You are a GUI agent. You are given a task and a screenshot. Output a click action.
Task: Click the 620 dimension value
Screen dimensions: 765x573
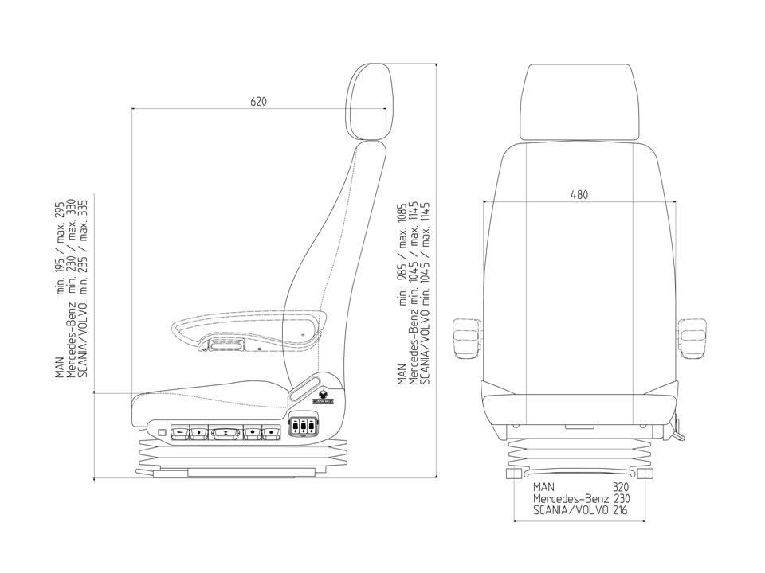point(258,101)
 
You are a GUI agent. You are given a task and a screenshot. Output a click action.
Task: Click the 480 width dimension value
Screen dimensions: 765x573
point(579,194)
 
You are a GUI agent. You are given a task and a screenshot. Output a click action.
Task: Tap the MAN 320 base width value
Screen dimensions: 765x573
point(621,487)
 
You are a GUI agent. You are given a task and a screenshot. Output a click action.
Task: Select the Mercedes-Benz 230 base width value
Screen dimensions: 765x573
point(621,498)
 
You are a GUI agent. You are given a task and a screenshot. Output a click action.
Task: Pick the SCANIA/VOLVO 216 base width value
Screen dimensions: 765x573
point(620,510)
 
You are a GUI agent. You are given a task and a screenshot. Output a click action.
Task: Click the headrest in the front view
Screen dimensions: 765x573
point(579,103)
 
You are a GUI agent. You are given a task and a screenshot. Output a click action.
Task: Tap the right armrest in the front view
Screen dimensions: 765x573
point(692,338)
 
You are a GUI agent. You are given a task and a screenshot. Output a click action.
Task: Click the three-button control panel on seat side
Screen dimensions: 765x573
point(304,426)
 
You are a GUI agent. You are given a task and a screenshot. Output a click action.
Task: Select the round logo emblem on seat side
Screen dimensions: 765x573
point(323,396)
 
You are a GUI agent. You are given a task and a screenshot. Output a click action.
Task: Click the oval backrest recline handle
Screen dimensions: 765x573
point(304,388)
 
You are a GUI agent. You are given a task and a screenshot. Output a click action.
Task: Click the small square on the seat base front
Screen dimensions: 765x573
point(162,431)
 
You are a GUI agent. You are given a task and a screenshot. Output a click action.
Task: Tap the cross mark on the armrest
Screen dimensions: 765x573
point(303,335)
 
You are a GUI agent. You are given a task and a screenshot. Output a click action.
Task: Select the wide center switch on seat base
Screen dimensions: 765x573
point(226,431)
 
